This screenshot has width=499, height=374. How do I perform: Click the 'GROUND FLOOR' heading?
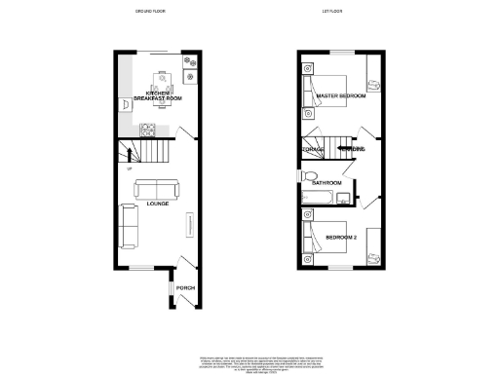pos(149,12)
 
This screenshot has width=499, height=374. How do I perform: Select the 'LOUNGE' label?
pos(157,205)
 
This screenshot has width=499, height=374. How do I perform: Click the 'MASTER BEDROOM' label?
pos(341,96)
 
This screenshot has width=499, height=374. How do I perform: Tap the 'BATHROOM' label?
pos(326,183)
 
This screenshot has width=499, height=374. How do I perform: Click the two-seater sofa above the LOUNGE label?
pos(156,189)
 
